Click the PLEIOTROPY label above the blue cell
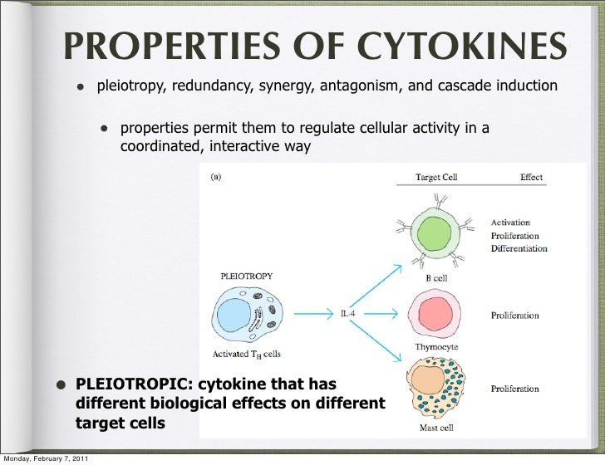(246, 275)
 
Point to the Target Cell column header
(436, 178)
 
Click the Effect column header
(531, 178)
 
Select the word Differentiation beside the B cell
(519, 248)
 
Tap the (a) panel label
(214, 176)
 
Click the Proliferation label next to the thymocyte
(515, 316)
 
